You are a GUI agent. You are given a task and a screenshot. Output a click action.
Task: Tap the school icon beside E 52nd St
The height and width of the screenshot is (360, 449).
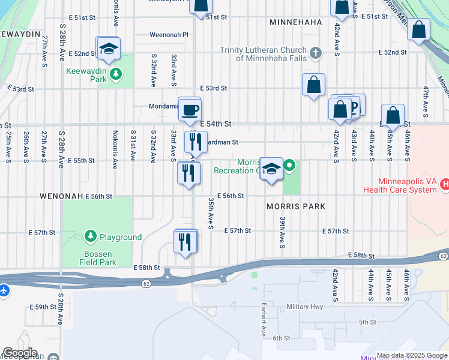pyautogui.click(x=109, y=49)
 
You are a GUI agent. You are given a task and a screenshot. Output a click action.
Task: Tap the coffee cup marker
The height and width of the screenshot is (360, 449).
pyautogui.click(x=190, y=110)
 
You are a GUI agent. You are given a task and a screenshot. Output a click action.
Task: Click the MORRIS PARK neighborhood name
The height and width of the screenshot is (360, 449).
pyautogui.click(x=295, y=206)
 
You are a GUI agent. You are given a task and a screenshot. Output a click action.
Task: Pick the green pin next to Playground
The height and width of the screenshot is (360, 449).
pyautogui.click(x=91, y=237)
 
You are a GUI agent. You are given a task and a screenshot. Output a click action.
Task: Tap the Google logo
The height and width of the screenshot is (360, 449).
pyautogui.click(x=19, y=353)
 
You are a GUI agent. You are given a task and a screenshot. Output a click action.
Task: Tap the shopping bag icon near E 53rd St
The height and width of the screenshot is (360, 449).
pyautogui.click(x=313, y=85)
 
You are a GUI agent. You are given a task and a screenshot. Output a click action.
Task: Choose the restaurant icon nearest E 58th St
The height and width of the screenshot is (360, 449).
pyautogui.click(x=185, y=242)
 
